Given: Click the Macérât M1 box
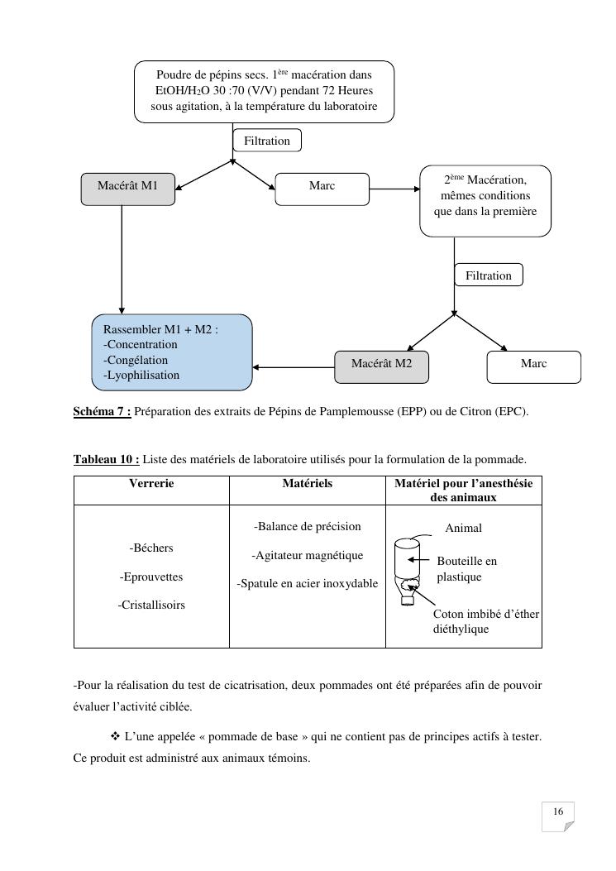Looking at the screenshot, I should coord(127,188).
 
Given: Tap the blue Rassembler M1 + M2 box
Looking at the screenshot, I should coord(171,352).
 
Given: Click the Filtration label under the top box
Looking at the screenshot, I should coord(267,141).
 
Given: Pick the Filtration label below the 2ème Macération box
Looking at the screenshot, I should coord(489,275).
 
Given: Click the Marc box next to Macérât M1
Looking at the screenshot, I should coord(322,188).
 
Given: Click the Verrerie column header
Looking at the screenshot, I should coord(151,484).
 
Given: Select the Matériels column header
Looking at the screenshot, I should coord(307,484).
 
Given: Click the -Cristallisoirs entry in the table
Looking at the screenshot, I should coord(151,605).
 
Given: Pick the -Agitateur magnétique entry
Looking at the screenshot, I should coord(307,555).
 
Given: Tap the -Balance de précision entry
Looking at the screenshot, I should coord(307,526).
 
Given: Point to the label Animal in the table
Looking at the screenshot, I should coord(463,528).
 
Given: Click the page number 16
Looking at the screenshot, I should coord(558,812).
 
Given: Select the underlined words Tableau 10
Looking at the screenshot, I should coord(106,459).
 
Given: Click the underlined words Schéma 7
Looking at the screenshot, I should coord(102,411).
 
